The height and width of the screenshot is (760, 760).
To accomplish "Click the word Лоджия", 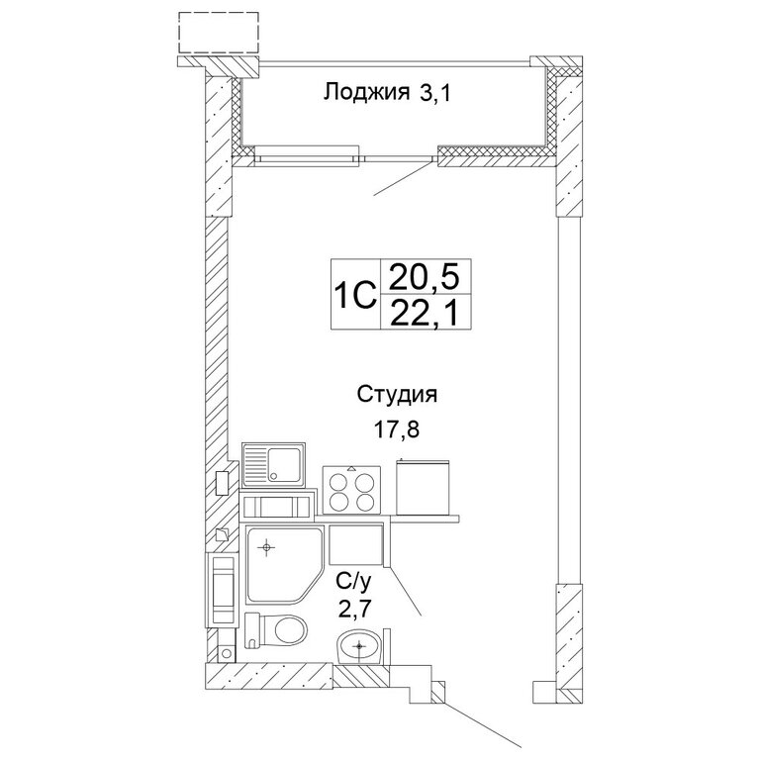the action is click(366, 92).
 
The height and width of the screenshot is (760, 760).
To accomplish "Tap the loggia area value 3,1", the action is click(435, 93).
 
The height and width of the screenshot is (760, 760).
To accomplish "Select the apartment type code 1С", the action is click(355, 295).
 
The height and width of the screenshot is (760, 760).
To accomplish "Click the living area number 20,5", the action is click(424, 278).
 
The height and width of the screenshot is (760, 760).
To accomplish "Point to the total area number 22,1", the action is click(424, 313).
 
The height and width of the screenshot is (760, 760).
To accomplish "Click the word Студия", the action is click(397, 395).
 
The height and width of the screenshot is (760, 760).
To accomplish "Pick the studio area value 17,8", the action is click(396, 428).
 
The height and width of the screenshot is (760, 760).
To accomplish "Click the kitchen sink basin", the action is click(284, 465).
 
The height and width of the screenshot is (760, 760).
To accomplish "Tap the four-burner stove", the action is click(352, 490).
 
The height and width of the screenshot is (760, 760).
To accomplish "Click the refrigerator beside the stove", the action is click(424, 487).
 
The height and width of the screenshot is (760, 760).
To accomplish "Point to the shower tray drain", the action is click(266, 547).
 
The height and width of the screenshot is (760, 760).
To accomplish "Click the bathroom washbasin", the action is click(359, 646).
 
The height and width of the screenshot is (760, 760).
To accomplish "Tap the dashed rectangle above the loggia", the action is click(219, 32).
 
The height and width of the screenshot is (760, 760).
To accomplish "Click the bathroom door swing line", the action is click(405, 591).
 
